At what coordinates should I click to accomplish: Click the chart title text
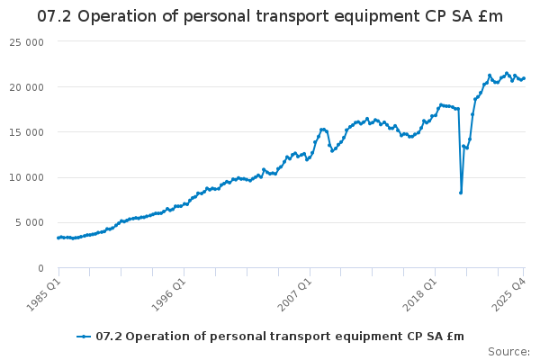click(270, 16)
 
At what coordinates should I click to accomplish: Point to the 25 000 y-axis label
click(27, 41)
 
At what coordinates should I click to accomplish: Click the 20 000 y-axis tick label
click(27, 87)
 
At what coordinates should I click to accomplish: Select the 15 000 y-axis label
click(27, 132)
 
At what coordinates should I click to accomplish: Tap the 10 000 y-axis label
click(27, 177)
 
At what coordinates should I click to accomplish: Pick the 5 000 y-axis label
click(31, 222)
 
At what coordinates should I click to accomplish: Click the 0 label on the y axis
click(41, 267)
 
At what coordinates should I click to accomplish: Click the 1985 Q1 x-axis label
click(42, 292)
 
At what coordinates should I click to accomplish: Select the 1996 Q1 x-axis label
click(168, 292)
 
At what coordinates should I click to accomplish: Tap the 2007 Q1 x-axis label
click(294, 292)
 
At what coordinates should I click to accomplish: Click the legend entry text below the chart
click(280, 337)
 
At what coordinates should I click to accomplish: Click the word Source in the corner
click(508, 351)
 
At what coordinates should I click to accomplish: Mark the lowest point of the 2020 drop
click(461, 193)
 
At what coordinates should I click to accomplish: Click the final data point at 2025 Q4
click(524, 78)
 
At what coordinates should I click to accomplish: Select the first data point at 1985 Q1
click(58, 238)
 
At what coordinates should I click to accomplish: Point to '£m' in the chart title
click(490, 16)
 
